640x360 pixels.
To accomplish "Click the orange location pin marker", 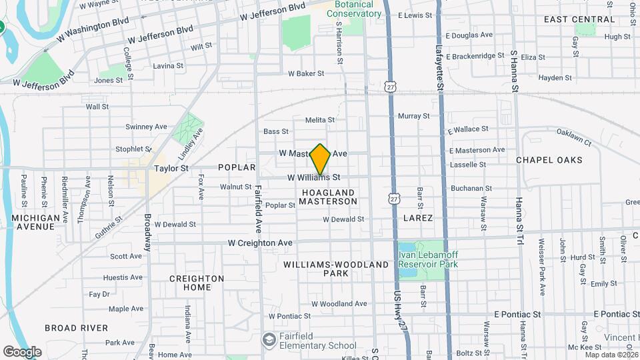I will (x=320, y=159).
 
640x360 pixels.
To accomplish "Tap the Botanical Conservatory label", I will (x=349, y=9).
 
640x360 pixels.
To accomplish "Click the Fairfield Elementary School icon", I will (x=269, y=341).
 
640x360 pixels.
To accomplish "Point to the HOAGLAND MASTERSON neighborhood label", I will (x=329, y=197).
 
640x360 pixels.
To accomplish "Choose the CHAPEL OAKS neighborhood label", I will (x=549, y=160).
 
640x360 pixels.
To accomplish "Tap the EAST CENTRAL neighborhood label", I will (x=579, y=19).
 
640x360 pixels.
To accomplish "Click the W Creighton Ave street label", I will (x=260, y=243).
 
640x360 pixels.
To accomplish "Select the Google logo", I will (x=22, y=352).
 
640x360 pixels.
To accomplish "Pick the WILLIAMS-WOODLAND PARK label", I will (x=336, y=269).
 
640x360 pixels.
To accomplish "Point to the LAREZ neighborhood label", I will (x=418, y=218).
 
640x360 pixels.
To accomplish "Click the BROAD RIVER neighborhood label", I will (x=76, y=328).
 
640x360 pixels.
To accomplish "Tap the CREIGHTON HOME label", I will (x=197, y=283).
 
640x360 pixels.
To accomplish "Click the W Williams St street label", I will (x=314, y=178).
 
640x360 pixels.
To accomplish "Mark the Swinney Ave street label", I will (x=146, y=127).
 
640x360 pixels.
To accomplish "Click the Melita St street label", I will (x=320, y=120).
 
